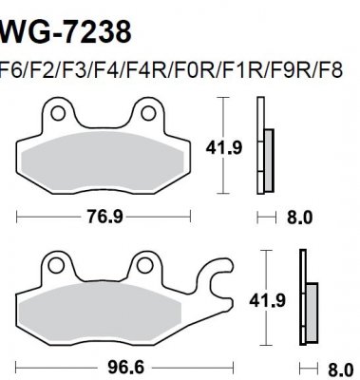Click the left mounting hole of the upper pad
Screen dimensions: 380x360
[61, 115]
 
